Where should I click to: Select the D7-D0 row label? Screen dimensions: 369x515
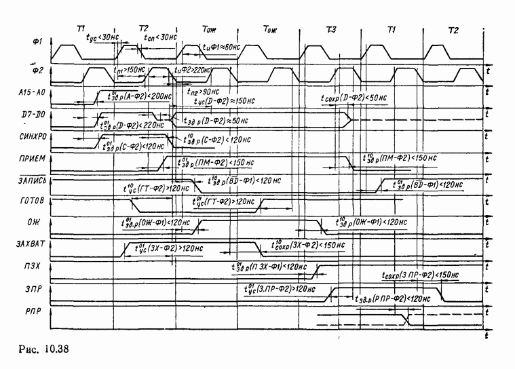(34, 116)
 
